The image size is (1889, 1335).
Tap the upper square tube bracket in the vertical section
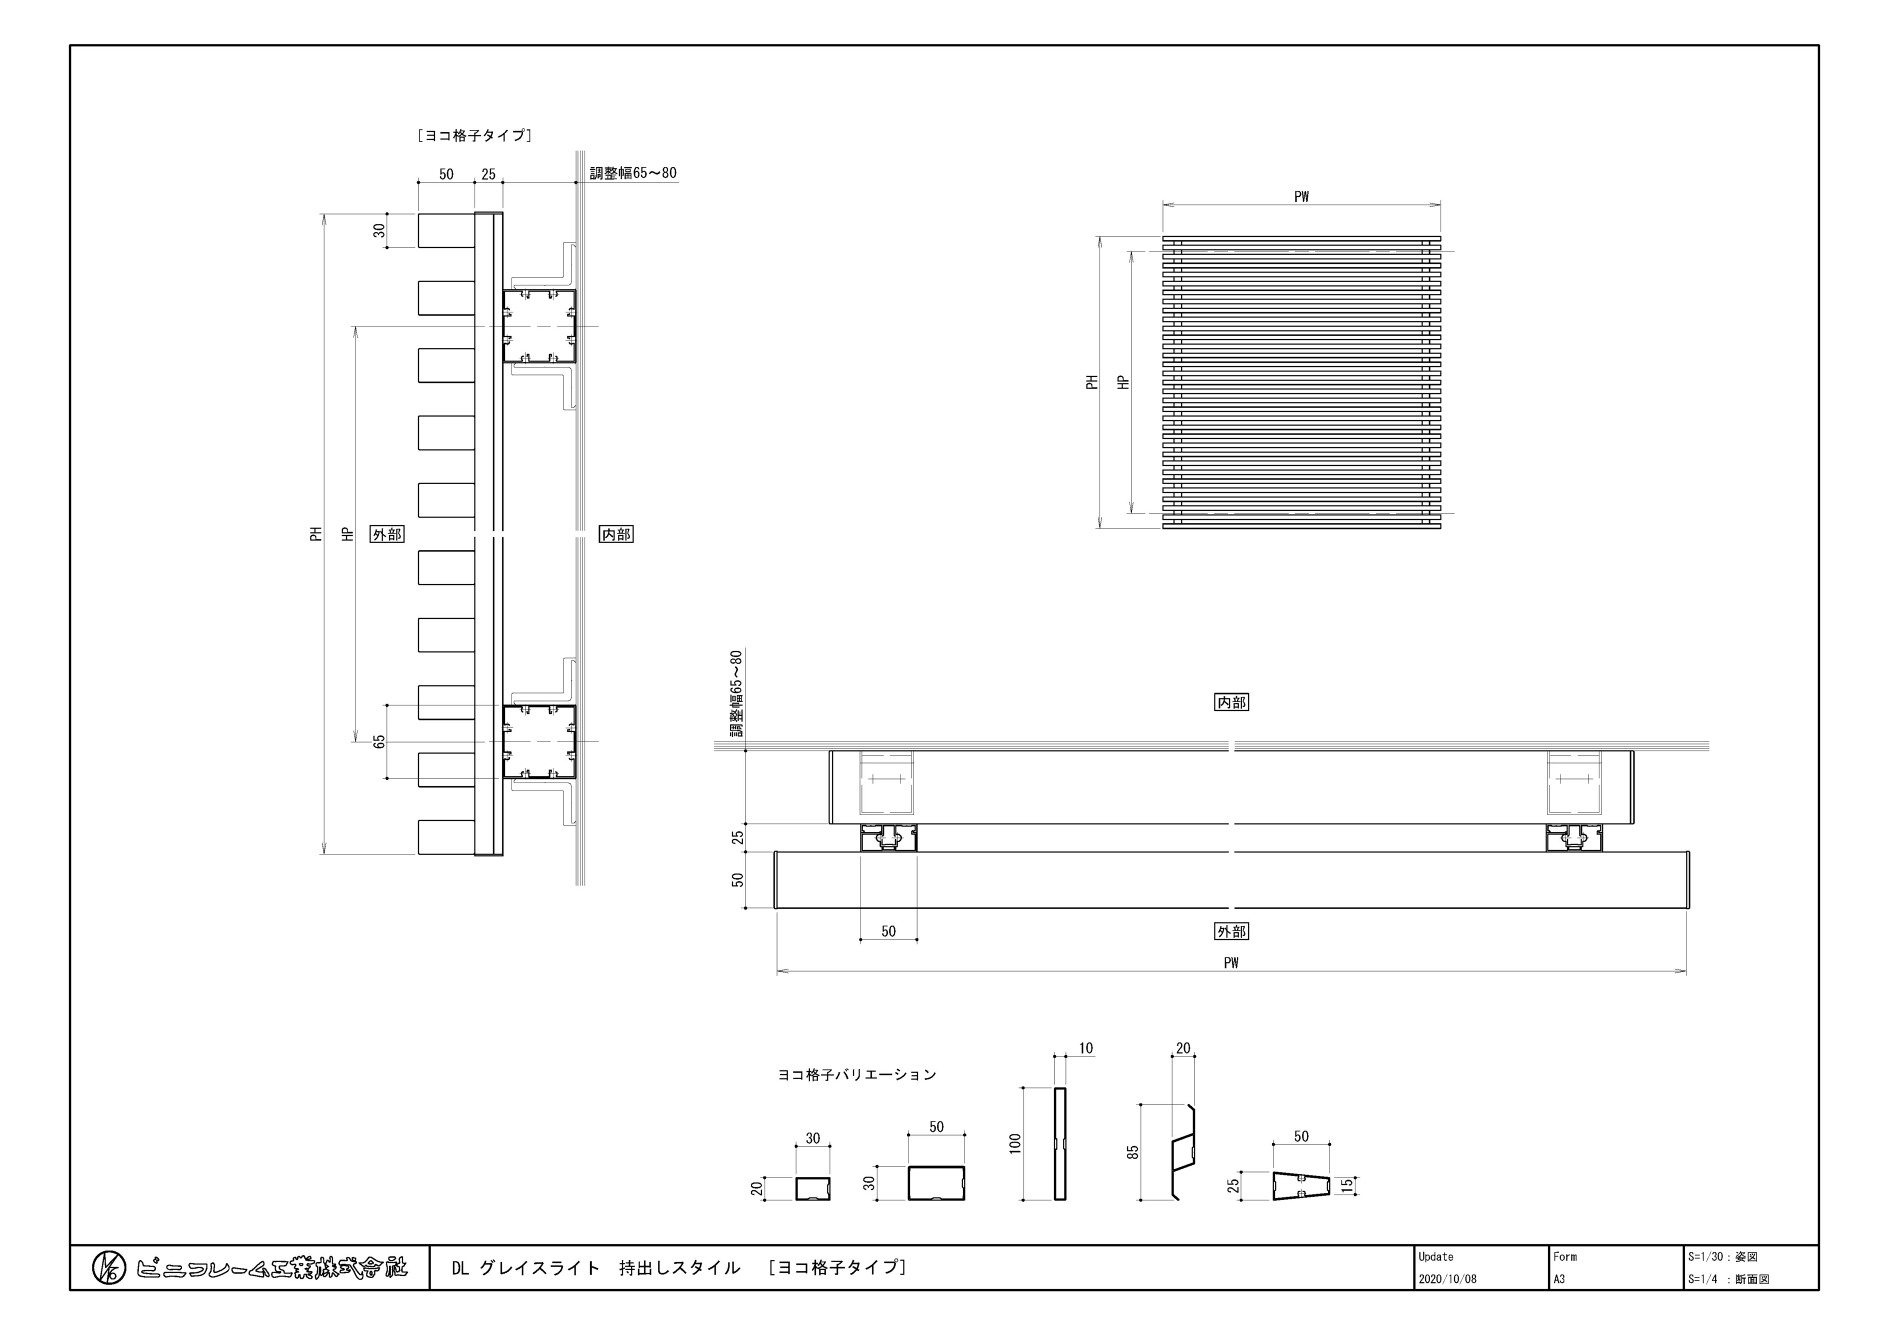[540, 326]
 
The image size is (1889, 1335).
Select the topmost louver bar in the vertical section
[446, 230]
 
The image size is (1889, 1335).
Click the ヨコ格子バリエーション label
[856, 1074]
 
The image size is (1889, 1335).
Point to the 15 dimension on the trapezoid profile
[1346, 1185]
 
